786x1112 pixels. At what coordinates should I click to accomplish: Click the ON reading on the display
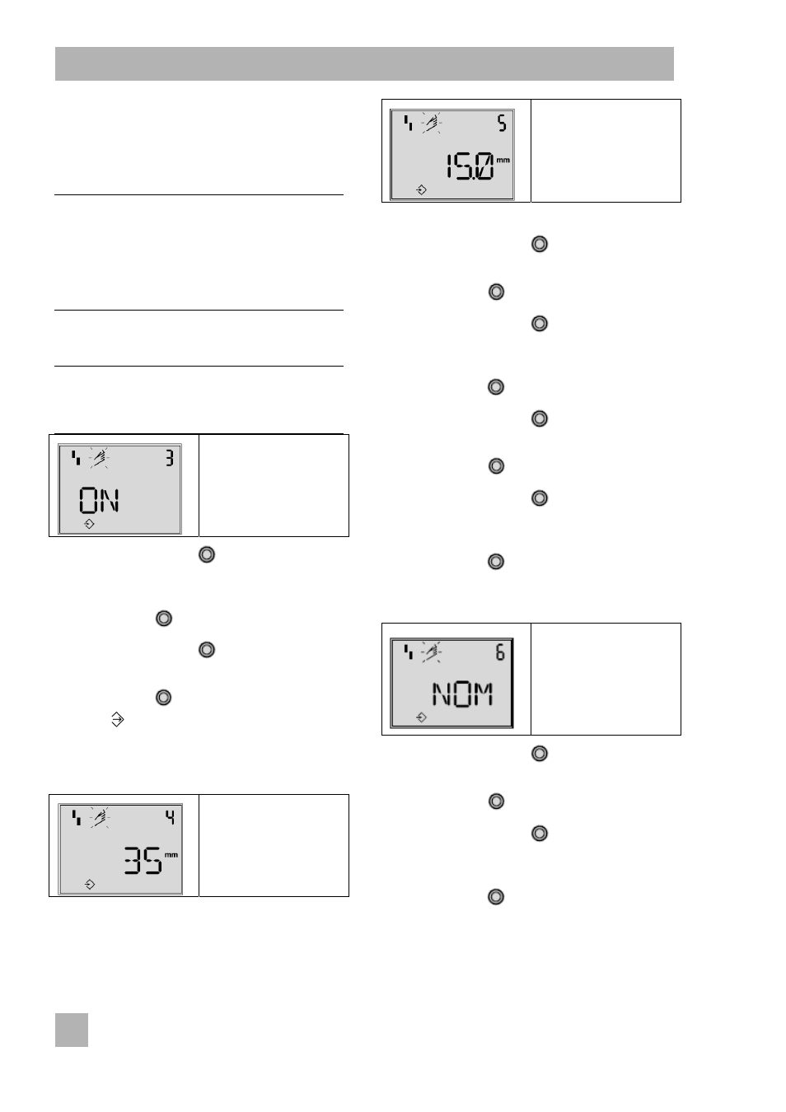100,500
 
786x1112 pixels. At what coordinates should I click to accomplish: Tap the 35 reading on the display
143,861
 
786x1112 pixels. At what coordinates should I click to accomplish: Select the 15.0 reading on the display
470,166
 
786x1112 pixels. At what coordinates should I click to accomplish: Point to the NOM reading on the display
463,694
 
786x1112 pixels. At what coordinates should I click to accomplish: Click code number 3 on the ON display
170,458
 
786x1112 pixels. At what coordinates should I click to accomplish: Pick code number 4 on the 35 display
171,818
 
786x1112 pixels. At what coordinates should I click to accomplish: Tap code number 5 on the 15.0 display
503,123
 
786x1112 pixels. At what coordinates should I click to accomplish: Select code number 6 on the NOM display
500,652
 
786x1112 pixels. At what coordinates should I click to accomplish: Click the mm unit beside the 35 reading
171,855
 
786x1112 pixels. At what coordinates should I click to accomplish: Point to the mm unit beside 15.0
503,160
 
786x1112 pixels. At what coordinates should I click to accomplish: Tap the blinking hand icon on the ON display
100,458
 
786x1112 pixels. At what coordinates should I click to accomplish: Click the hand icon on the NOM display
432,652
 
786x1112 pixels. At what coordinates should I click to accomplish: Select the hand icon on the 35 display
100,818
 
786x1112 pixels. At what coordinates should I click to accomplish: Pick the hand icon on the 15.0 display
432,123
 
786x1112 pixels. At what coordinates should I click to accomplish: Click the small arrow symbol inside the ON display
89,524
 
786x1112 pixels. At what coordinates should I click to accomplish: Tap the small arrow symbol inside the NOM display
421,717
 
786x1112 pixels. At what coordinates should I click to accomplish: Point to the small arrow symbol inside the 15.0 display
421,189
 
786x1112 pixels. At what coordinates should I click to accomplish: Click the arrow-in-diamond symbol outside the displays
117,719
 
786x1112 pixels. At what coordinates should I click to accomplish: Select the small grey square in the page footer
72,1030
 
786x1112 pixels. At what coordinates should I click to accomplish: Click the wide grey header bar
364,64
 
